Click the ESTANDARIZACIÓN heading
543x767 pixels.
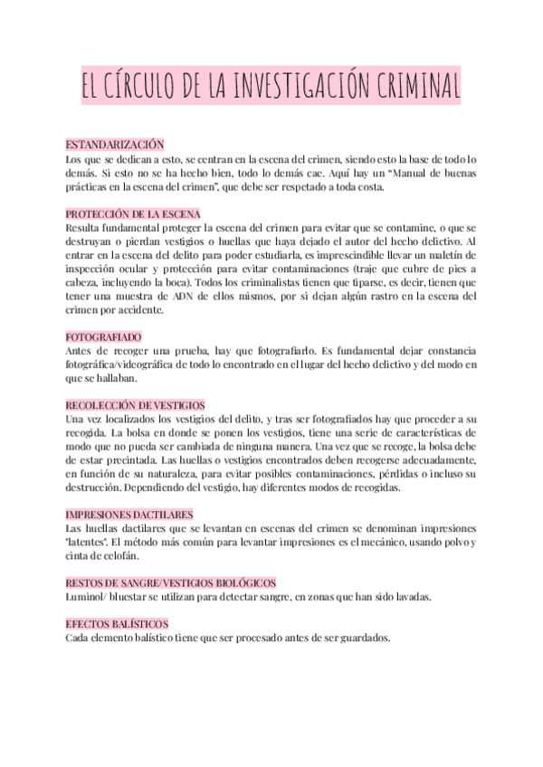point(114,145)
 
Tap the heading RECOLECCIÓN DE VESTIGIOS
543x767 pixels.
point(136,405)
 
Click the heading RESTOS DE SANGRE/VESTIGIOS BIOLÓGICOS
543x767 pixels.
point(171,582)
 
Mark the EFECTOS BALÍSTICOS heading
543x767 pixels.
point(117,624)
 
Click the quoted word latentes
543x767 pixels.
point(87,542)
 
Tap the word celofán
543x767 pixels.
point(118,555)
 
